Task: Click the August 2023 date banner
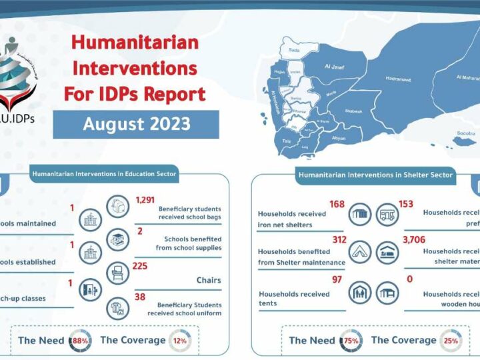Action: [136, 125]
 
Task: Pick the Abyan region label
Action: [339, 138]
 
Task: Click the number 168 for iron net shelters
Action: [337, 204]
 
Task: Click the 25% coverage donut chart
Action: [451, 340]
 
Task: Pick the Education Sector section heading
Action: [103, 175]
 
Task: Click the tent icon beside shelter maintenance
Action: [360, 251]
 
